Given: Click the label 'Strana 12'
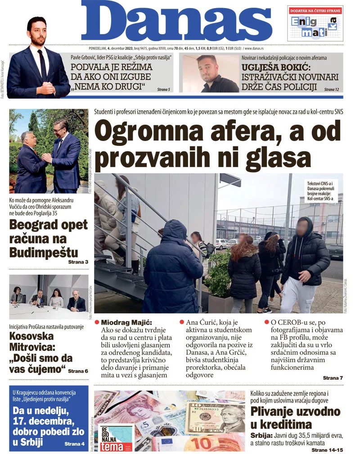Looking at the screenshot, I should (331, 90).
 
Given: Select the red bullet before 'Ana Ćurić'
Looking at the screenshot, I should (182, 322).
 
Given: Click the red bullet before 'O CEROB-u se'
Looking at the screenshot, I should (267, 322).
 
